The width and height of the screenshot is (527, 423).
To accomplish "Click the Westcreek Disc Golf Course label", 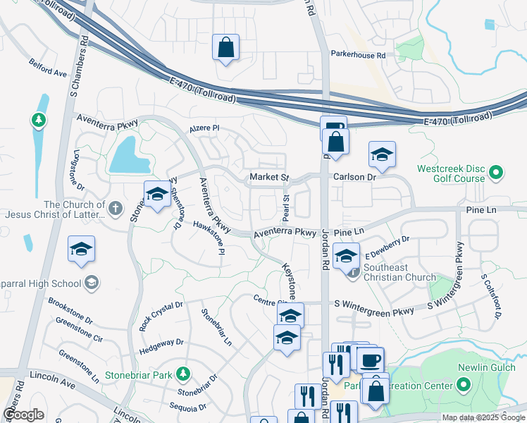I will pos(451,173).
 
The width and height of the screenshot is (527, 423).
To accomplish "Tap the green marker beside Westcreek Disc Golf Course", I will pos(496,171).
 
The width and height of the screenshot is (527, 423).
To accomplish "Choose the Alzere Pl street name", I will pos(204,129).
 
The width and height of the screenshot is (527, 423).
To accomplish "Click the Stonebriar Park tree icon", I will pos(182,372).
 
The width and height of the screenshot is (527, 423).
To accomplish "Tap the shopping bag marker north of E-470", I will pos(225,48).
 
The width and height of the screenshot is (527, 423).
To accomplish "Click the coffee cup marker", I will pos(371,361).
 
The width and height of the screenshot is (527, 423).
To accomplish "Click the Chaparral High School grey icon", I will pos(90,283).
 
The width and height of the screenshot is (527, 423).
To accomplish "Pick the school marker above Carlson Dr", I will pos(382,155).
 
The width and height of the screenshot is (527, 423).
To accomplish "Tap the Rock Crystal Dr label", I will pos(161,316).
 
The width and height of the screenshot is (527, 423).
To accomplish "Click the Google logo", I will pos(23,415).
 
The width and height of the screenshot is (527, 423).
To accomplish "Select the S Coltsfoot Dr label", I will pos(490,295).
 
